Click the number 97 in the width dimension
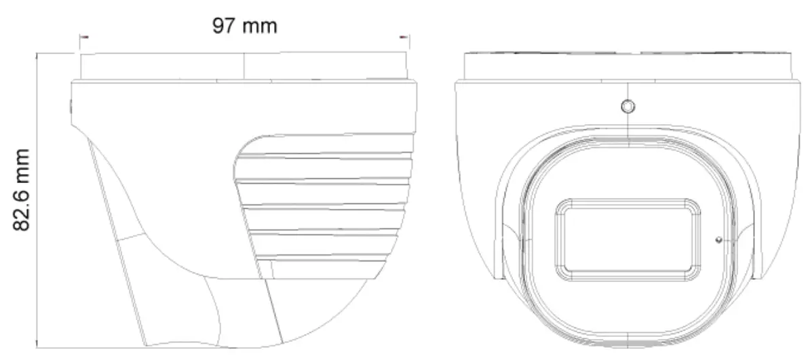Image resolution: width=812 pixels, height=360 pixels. (225, 26)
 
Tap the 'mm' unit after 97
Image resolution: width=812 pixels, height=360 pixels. (260, 26)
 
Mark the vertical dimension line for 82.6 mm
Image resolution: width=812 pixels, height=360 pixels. (38, 203)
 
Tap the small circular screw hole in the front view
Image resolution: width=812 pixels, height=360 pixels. (628, 106)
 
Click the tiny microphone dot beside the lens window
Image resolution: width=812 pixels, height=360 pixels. (718, 239)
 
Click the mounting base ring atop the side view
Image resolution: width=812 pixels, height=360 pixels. (244, 66)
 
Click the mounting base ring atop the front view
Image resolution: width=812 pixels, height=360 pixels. (627, 66)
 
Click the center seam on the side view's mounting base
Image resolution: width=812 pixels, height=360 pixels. (244, 66)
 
